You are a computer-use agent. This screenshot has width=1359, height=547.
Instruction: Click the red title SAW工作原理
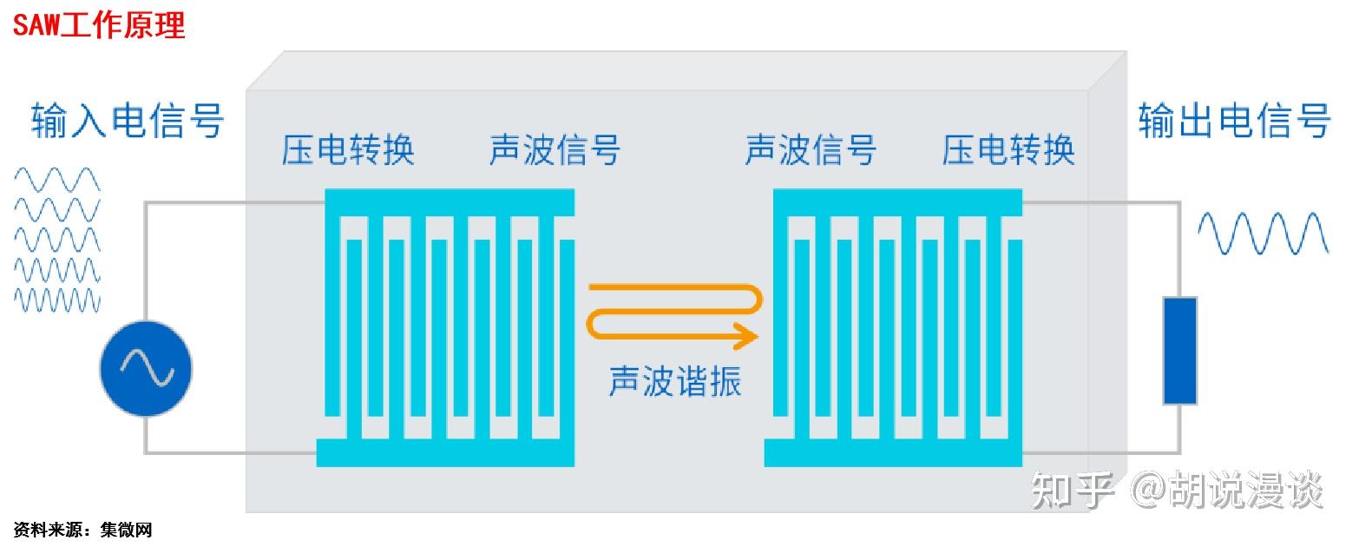[x=99, y=25]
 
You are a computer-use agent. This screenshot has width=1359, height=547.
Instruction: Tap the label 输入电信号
[x=128, y=121]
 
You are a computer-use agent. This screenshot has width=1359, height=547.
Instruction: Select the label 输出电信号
[x=1234, y=121]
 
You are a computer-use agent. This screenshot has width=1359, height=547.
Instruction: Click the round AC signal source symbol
[x=146, y=369]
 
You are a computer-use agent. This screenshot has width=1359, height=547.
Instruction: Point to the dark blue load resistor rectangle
[x=1179, y=351]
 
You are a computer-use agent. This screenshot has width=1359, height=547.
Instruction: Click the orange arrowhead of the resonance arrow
[x=745, y=334]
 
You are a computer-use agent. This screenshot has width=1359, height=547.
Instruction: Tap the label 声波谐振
[x=675, y=380]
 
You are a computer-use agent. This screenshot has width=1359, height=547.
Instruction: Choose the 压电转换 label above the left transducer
[x=348, y=149]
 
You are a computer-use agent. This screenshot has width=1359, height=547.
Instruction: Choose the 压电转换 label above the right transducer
[x=1008, y=149]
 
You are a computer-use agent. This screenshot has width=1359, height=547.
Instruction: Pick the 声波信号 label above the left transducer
[x=555, y=149]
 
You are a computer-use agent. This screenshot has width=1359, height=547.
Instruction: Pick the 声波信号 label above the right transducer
[x=811, y=149]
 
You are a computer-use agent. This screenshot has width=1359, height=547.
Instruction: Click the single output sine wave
[x=1263, y=233]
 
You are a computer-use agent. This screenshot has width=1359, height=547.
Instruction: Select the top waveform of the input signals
[x=57, y=181]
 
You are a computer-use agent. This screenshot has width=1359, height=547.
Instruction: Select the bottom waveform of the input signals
[x=57, y=300]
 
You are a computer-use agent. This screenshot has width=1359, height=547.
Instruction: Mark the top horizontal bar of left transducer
[x=450, y=201]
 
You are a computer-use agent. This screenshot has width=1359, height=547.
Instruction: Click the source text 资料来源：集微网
[x=83, y=529]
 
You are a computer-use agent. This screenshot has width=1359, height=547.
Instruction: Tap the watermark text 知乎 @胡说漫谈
[x=1177, y=491]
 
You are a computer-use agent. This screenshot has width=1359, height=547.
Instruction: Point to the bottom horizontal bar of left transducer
[x=445, y=452]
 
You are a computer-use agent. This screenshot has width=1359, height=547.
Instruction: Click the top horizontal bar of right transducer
[x=898, y=201]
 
